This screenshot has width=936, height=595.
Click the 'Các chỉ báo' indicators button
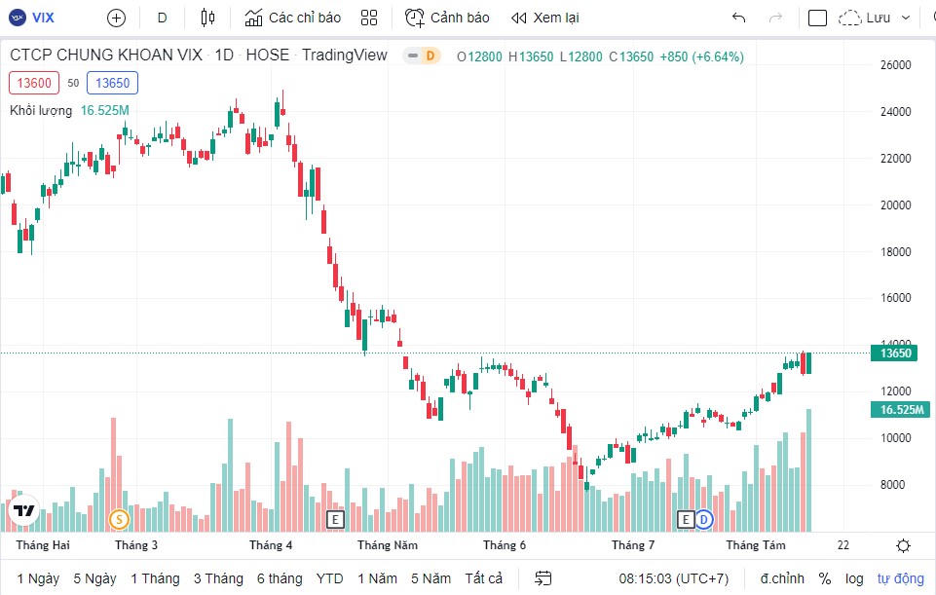pyautogui.click(x=292, y=18)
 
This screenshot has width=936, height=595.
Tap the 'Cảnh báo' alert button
pyautogui.click(x=447, y=18)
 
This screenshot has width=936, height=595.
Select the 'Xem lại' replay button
pyautogui.click(x=544, y=18)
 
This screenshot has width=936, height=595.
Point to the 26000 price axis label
pyautogui.click(x=895, y=65)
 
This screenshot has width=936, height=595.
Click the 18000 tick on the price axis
pyautogui.click(x=895, y=251)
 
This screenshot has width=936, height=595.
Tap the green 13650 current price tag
pyautogui.click(x=895, y=353)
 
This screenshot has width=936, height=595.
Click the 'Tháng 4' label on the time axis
pyautogui.click(x=271, y=545)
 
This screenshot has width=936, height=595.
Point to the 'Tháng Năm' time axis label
pyautogui.click(x=387, y=545)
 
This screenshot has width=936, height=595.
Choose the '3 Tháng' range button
pyautogui.click(x=218, y=578)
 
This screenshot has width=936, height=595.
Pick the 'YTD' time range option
pyautogui.click(x=330, y=578)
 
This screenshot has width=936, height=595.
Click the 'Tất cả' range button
pyautogui.click(x=484, y=578)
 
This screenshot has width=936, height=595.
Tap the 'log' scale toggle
pyautogui.click(x=854, y=578)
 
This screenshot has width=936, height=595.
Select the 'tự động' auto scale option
pyautogui.click(x=900, y=578)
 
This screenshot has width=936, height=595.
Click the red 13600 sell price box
pyautogui.click(x=34, y=83)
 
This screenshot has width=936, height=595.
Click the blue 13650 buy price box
pyautogui.click(x=112, y=83)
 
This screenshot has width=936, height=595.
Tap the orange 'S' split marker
pyautogui.click(x=119, y=520)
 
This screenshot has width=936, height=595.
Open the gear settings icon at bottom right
pyautogui.click(x=903, y=545)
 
